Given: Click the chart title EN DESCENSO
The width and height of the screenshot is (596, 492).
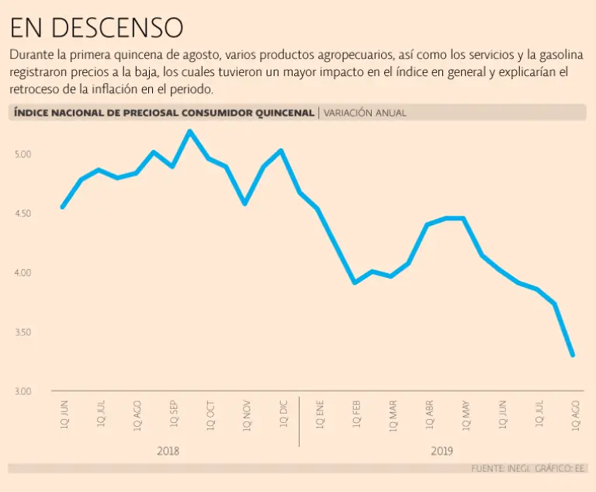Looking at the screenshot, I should pos(96,28).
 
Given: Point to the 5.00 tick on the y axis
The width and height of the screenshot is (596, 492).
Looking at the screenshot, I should pos(23,154).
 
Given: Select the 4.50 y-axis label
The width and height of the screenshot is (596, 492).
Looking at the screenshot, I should pos(23,213).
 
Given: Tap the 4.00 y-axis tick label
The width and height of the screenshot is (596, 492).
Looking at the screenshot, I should pos(23,273).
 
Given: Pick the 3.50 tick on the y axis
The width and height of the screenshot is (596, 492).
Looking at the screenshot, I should pos(23,332).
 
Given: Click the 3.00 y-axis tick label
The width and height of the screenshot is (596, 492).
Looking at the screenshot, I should pos(23,391).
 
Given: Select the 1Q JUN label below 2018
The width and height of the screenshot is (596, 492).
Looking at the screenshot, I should pos(64,415).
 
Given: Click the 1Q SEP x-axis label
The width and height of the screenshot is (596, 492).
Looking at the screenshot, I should pos(174,415).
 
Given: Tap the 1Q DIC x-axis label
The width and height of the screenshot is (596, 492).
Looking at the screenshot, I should pos(283,415).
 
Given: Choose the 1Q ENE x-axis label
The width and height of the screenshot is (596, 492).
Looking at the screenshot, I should pos(320,415).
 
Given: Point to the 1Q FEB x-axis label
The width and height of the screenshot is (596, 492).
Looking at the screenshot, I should pos(356,415).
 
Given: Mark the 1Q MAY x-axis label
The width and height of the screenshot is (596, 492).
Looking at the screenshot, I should pos(466,415).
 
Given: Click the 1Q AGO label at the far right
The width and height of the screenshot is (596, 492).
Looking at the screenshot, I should pos(575,415).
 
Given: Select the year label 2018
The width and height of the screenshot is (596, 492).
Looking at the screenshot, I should pos(168,451).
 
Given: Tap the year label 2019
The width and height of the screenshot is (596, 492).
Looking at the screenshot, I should pos(441,451).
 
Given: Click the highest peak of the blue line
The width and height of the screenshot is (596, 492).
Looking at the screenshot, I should pos(189,131).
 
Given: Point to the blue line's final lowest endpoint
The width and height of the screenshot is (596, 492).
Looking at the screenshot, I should pos(573,355).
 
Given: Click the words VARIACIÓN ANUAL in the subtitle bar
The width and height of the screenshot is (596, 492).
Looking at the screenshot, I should pos(365,113).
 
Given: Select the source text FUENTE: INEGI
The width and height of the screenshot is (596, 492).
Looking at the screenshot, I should pos(497,469).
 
